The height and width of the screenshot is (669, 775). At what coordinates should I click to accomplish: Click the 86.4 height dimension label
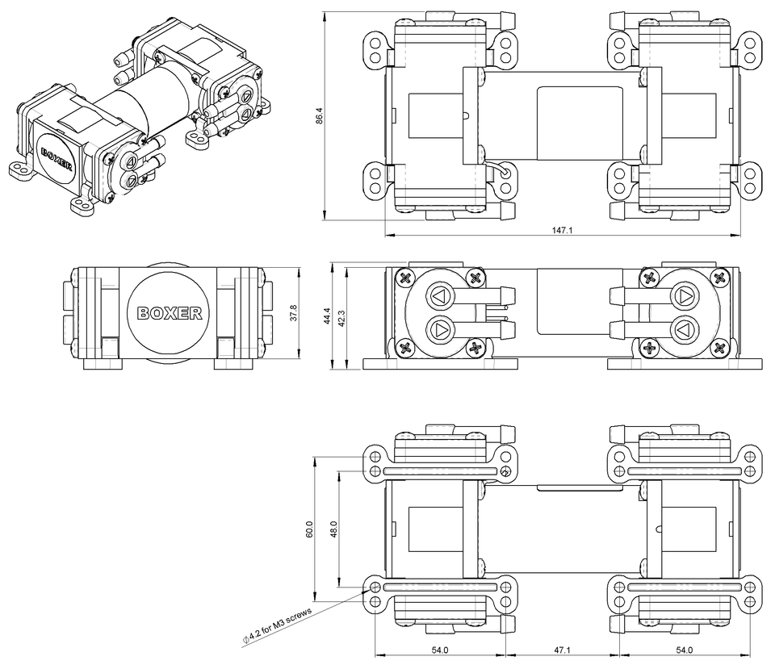point(319,116)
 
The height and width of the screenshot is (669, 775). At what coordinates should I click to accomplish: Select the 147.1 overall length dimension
point(562,230)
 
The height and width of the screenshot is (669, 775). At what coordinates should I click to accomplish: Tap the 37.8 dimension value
point(293,312)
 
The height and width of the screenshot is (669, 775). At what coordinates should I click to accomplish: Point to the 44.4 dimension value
point(328,314)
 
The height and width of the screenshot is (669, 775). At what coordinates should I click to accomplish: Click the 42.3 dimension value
point(341,318)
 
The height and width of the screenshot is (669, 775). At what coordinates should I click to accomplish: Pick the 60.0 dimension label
point(308,529)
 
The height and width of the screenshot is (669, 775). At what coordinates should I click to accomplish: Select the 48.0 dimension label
point(333,529)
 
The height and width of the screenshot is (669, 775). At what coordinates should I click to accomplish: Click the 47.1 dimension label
point(562,650)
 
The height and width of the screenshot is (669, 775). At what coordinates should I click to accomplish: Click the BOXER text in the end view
point(170,314)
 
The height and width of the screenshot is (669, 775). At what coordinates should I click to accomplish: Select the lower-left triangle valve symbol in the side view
point(441,329)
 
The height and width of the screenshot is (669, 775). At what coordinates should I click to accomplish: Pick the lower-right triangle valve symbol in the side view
point(683,329)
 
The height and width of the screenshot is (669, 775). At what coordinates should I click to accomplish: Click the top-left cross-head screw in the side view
point(404,278)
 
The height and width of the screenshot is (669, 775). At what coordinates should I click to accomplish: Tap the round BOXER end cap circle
point(170,313)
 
